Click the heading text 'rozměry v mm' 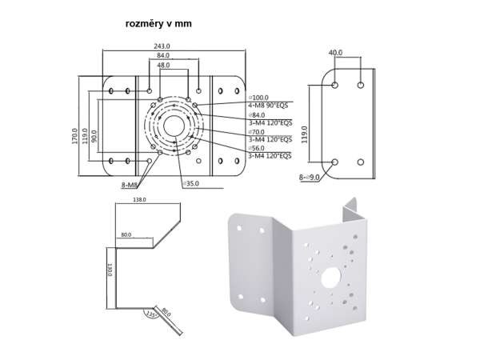[x=158, y=24]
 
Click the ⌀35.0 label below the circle [x=190, y=183]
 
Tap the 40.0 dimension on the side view [x=335, y=53]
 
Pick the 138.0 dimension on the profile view [x=138, y=200]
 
